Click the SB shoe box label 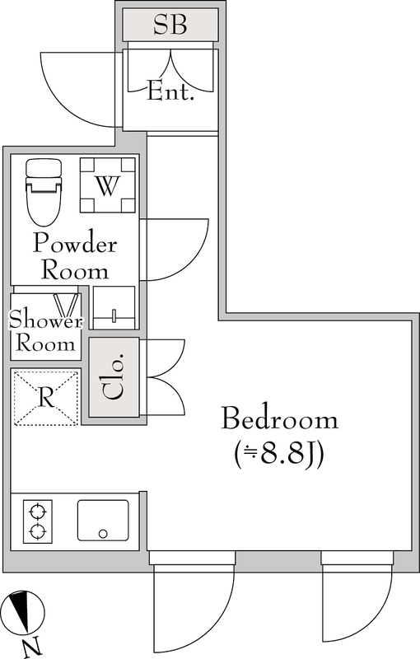point(170,25)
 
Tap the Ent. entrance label point(170,91)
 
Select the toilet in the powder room point(43,191)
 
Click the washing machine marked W point(106,186)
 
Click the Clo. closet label point(114,377)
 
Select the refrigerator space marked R point(46,398)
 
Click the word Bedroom point(280,419)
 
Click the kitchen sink point(103,521)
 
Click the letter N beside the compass point(31,647)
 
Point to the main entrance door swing point(78,86)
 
